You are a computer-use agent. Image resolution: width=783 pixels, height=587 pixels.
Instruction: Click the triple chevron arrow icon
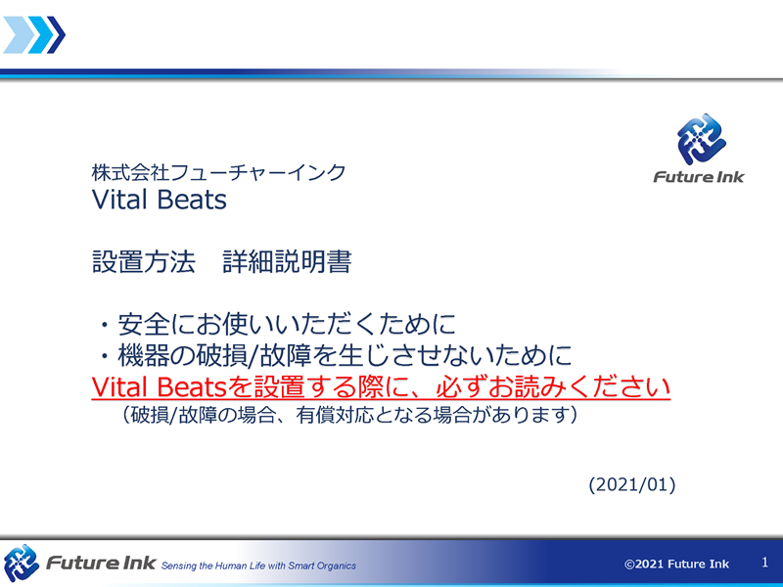click(x=34, y=34)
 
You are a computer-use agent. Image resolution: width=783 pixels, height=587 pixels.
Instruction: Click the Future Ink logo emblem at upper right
click(x=701, y=139)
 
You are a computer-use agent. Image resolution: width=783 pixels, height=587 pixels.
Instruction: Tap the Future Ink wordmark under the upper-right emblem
click(x=699, y=177)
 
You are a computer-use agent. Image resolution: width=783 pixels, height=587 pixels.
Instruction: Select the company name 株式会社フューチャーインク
click(x=218, y=173)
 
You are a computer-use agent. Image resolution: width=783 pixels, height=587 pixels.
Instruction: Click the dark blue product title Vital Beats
click(x=160, y=200)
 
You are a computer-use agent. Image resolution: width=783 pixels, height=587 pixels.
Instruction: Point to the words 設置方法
click(x=143, y=261)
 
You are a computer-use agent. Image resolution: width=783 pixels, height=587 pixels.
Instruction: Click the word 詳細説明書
click(x=287, y=261)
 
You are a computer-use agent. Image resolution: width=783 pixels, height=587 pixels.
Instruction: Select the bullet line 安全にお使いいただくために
click(x=287, y=324)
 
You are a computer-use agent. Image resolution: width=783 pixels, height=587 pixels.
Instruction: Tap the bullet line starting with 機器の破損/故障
click(x=345, y=355)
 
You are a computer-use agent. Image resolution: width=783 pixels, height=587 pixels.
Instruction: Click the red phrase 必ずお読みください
click(x=553, y=386)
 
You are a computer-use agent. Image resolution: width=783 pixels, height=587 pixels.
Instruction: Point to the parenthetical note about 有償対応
click(x=349, y=415)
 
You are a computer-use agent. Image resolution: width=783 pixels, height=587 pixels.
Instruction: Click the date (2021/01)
click(x=632, y=484)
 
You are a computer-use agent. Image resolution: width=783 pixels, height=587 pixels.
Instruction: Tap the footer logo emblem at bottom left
click(x=21, y=564)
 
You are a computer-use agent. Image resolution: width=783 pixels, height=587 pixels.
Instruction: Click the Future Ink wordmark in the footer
click(x=101, y=564)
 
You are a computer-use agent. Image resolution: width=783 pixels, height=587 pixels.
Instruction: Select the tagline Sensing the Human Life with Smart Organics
click(x=258, y=566)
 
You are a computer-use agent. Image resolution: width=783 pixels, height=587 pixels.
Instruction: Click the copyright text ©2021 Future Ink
click(x=676, y=564)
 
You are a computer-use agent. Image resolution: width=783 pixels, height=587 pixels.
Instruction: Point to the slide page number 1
click(x=764, y=563)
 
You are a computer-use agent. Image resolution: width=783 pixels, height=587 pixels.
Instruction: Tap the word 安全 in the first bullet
click(x=143, y=324)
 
